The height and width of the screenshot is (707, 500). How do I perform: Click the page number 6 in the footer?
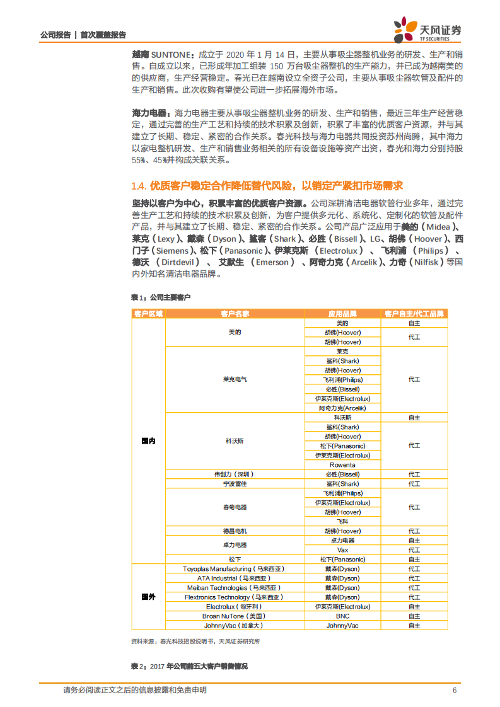[455, 690]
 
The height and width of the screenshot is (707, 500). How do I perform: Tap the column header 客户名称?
[235, 313]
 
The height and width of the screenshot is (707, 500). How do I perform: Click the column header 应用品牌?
[342, 313]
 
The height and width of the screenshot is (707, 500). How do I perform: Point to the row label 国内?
[148, 441]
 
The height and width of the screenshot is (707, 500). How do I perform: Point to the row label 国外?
[148, 597]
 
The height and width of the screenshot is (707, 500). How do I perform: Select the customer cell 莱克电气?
[235, 379]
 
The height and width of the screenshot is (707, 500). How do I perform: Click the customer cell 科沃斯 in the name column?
[235, 441]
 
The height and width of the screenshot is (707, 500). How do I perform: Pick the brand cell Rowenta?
[342, 464]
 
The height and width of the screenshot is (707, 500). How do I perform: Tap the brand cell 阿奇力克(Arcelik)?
[342, 408]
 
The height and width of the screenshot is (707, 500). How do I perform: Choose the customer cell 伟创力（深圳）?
[235, 474]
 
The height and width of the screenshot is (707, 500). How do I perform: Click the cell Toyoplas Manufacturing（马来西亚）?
[235, 568]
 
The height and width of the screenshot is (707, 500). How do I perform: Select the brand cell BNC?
[342, 616]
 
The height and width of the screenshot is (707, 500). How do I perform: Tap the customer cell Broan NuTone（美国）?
[235, 616]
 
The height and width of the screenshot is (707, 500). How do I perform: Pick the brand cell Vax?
[342, 549]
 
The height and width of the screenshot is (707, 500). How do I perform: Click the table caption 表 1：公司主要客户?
[160, 297]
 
